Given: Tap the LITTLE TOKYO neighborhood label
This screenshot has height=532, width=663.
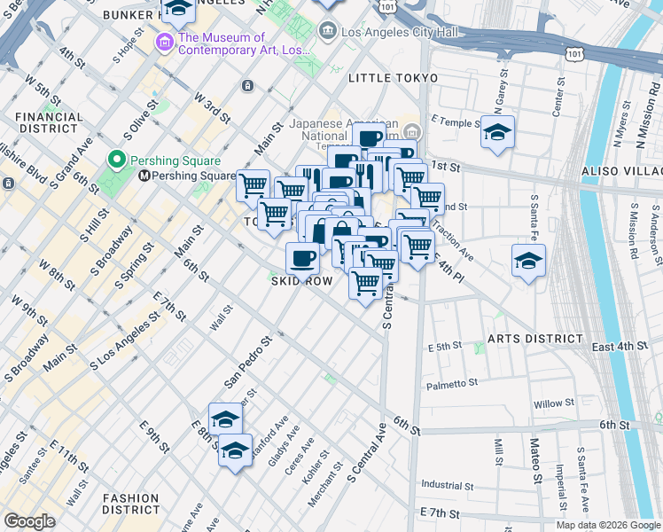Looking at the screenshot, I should tap(393, 79).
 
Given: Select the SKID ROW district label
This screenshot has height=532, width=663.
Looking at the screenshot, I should tap(302, 281).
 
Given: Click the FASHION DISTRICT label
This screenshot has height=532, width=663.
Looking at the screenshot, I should tap(130, 504).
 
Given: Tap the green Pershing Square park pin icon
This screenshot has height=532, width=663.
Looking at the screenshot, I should tap(115, 160).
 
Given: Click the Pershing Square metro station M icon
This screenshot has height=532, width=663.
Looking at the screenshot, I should tap(142, 176).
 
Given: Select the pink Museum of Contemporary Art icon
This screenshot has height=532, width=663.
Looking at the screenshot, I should tap(164, 43).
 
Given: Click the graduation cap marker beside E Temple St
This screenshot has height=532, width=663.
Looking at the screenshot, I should tap(497, 133).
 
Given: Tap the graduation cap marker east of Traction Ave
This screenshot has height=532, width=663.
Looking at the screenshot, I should tap(528, 261).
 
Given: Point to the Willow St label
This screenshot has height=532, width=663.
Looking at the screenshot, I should tap(555, 404).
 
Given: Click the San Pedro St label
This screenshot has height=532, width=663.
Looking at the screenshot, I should tap(246, 362).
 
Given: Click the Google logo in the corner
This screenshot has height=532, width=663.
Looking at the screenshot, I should tap(29, 521).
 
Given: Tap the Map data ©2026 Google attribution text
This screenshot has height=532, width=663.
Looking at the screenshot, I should tap(607, 525).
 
